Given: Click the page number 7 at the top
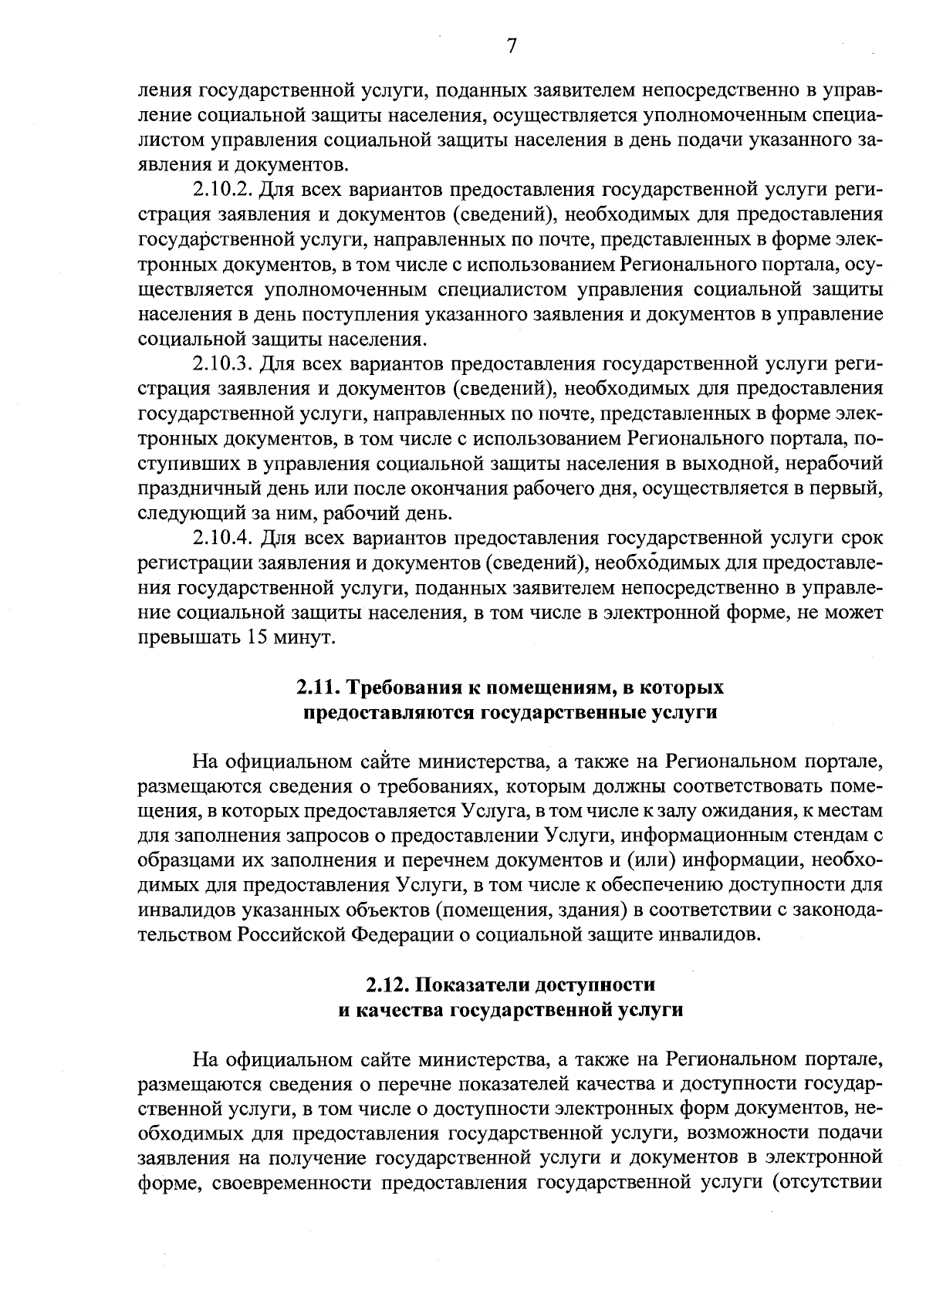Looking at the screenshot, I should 511,46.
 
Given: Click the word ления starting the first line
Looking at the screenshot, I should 164,91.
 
